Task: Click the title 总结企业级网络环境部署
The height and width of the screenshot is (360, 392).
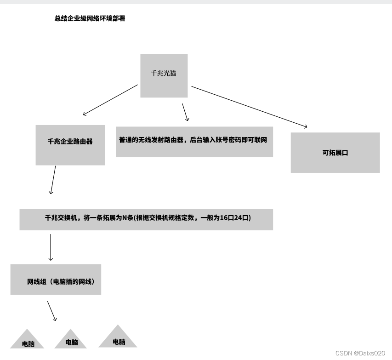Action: tap(90, 19)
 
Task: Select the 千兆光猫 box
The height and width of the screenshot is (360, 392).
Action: tap(164, 75)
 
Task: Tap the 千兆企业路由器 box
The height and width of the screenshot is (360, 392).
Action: tap(70, 145)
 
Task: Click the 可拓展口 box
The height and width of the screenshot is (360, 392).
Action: tap(335, 153)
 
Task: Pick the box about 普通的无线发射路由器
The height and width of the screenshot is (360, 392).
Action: tap(194, 142)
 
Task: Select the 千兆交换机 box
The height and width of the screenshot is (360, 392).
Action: tap(146, 219)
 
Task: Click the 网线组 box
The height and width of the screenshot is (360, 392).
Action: tap(56, 279)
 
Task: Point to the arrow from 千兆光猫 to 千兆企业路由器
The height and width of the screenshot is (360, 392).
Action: tap(110, 100)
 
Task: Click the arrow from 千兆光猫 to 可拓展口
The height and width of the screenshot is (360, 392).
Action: tap(249, 106)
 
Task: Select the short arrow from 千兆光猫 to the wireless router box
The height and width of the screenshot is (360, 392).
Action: tap(185, 112)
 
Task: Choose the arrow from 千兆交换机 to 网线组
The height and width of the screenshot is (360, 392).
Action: tap(51, 247)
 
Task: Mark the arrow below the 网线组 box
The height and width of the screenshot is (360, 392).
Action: tap(52, 311)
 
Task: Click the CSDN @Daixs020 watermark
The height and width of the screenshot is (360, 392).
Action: tap(360, 353)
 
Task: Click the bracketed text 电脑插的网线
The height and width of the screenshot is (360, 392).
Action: tap(74, 281)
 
